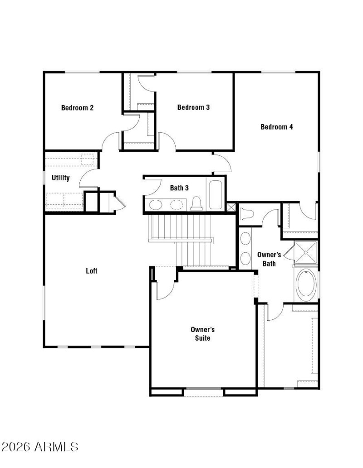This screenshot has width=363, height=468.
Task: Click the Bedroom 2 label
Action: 77,108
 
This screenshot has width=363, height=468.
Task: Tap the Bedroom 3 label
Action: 193,107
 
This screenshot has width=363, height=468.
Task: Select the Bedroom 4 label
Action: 276,127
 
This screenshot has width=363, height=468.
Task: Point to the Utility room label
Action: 60,178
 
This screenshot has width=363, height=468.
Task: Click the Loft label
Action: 92,271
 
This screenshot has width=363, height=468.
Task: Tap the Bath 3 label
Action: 179,188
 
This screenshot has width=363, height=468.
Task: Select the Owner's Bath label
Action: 269,259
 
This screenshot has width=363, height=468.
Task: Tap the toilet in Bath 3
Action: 196,204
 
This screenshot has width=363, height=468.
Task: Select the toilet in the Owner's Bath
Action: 248,213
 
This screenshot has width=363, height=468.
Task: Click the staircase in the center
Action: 181,240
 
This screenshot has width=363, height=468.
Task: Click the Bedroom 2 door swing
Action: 111,141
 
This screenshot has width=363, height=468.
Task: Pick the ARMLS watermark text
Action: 39,447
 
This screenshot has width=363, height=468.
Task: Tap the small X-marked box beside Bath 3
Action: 231,207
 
